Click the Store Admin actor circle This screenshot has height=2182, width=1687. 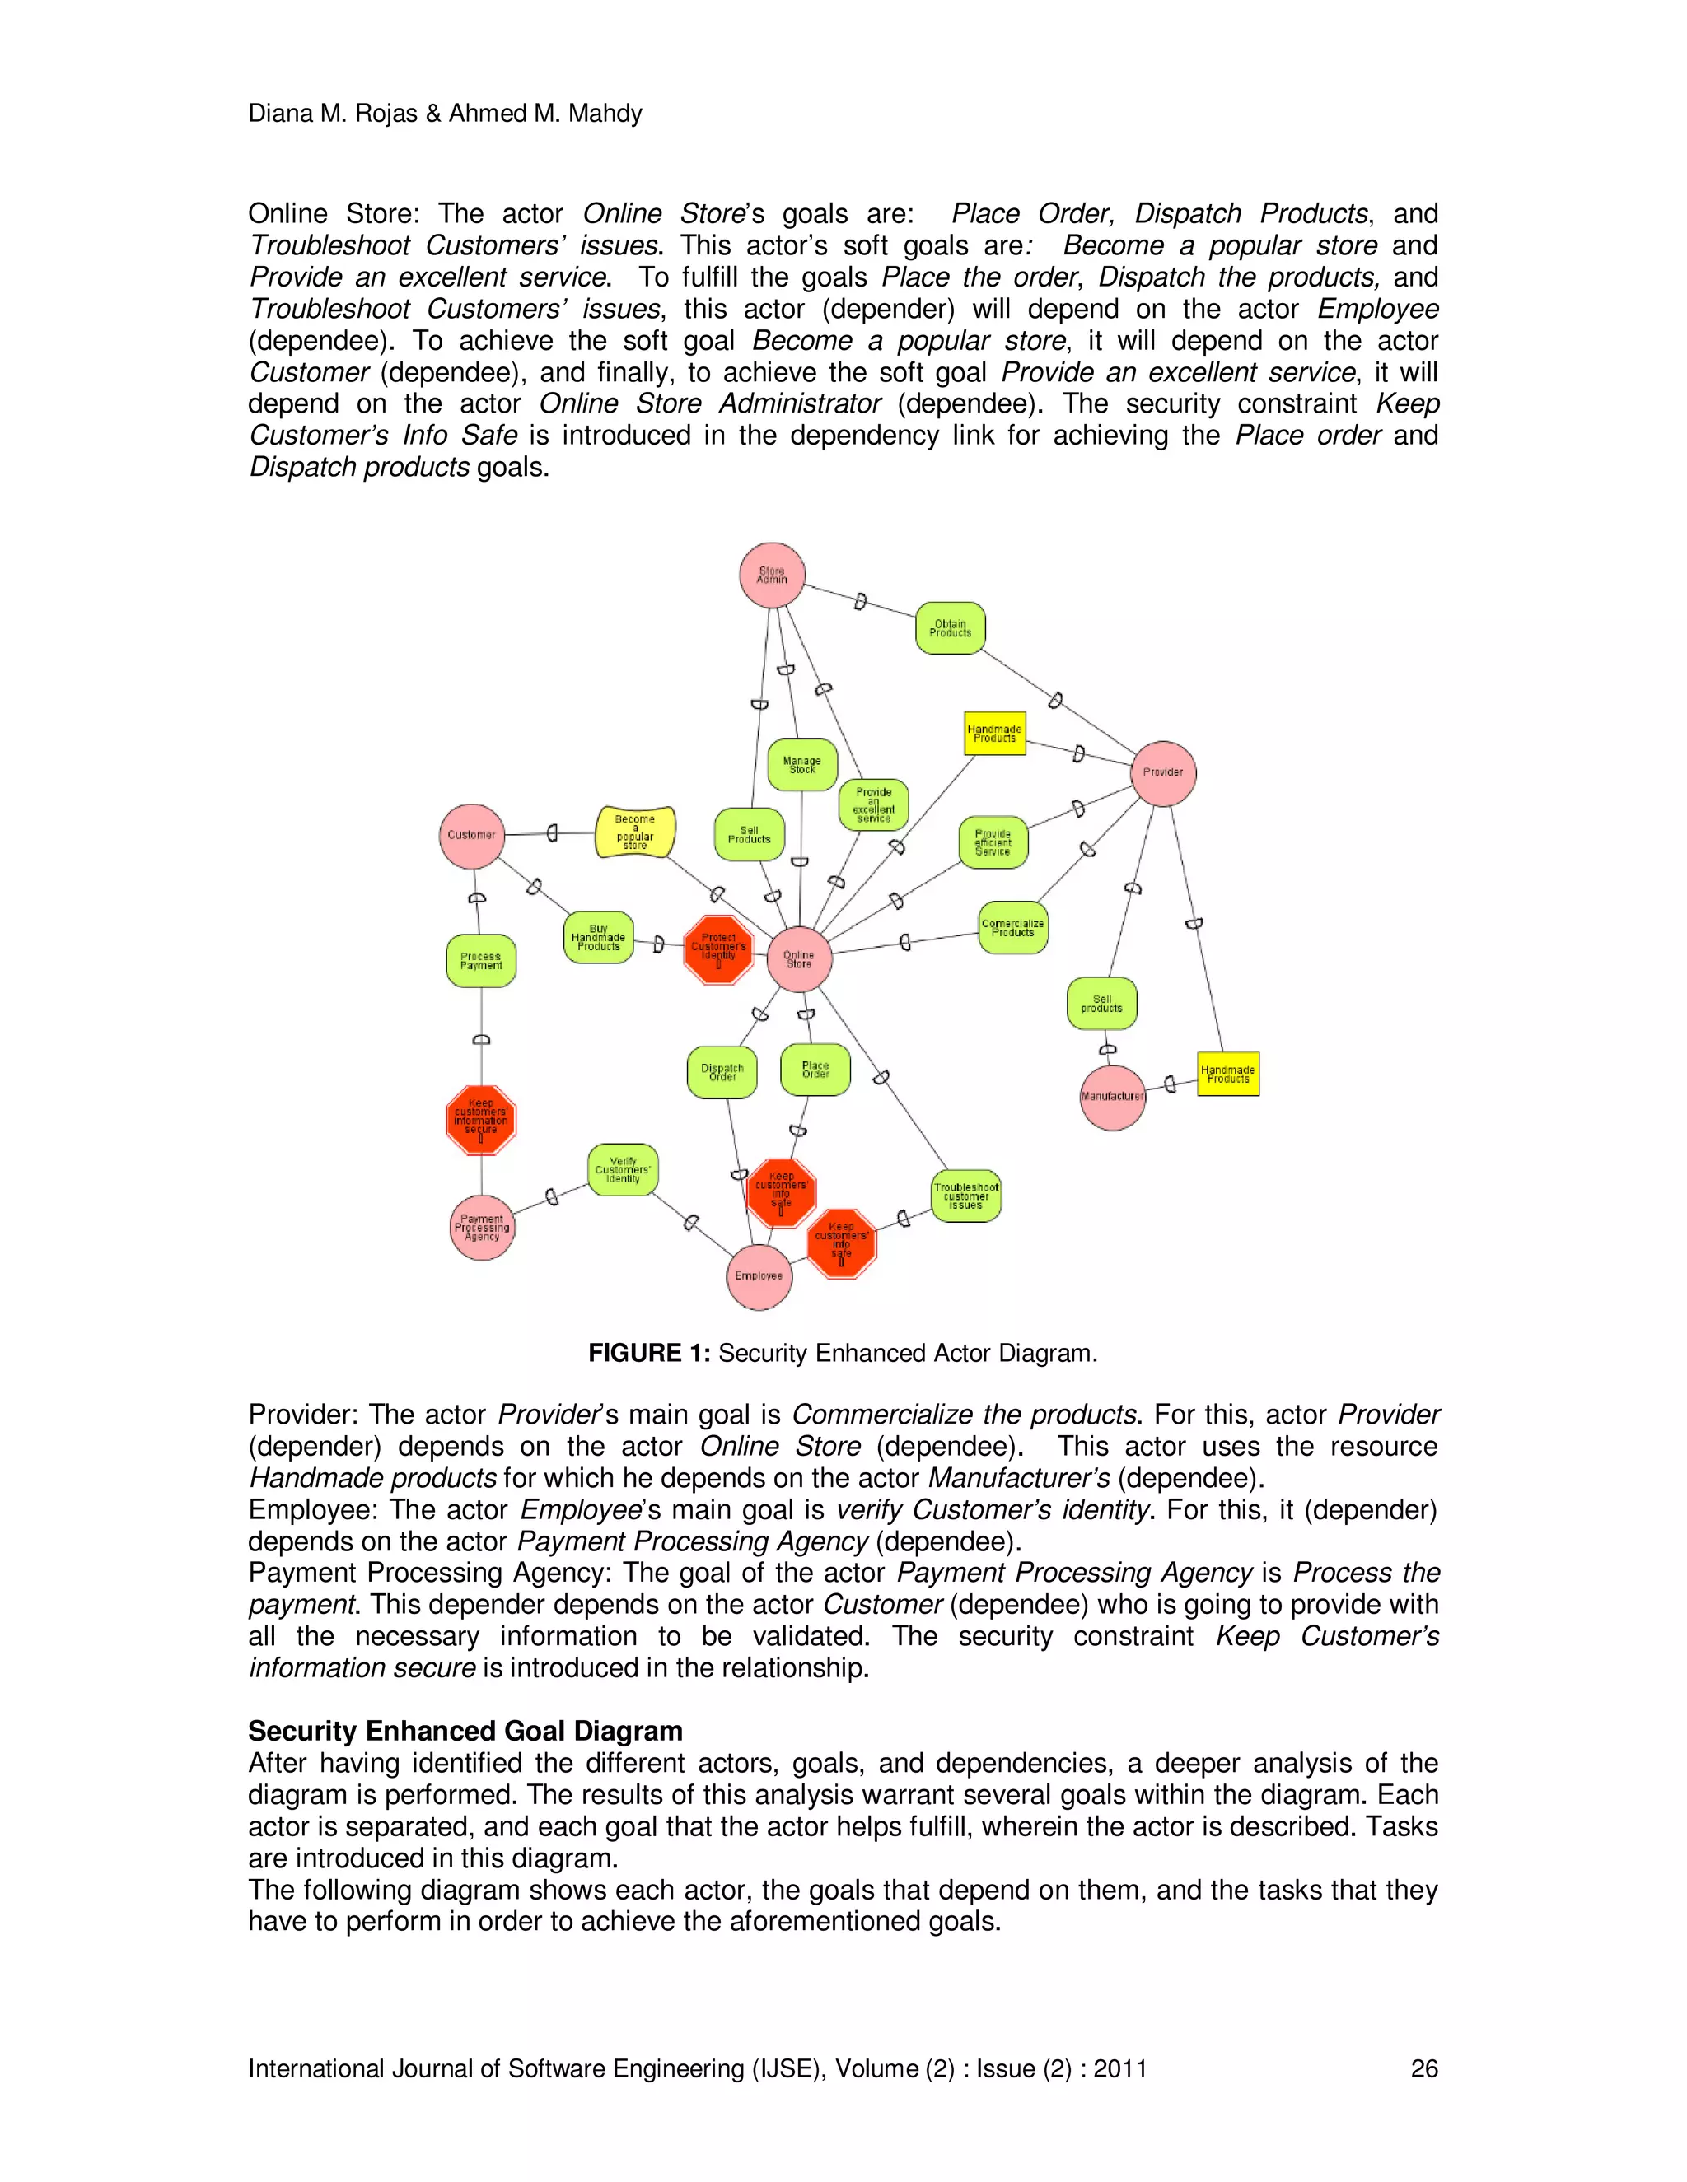coord(772,576)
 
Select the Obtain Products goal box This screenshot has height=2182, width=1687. coord(951,628)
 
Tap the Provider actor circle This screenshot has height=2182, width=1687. coord(1162,773)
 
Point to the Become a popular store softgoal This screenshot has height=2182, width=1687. coord(634,832)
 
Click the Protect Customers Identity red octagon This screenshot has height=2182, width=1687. coord(718,949)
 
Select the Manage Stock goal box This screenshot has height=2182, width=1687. coord(801,765)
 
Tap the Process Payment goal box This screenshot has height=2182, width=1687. coord(481,961)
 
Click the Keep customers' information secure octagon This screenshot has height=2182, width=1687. coord(481,1120)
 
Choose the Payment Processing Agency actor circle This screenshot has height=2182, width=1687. coord(482,1228)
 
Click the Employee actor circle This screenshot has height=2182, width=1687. coord(759,1277)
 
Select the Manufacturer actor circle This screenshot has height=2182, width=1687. coord(1112,1097)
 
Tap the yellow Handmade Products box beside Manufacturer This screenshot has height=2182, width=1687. coord(1227,1074)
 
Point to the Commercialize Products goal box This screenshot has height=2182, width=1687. coord(1012,928)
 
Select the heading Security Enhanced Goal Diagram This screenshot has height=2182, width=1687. coord(465,1732)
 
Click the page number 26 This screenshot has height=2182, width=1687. coord(1423,2069)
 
